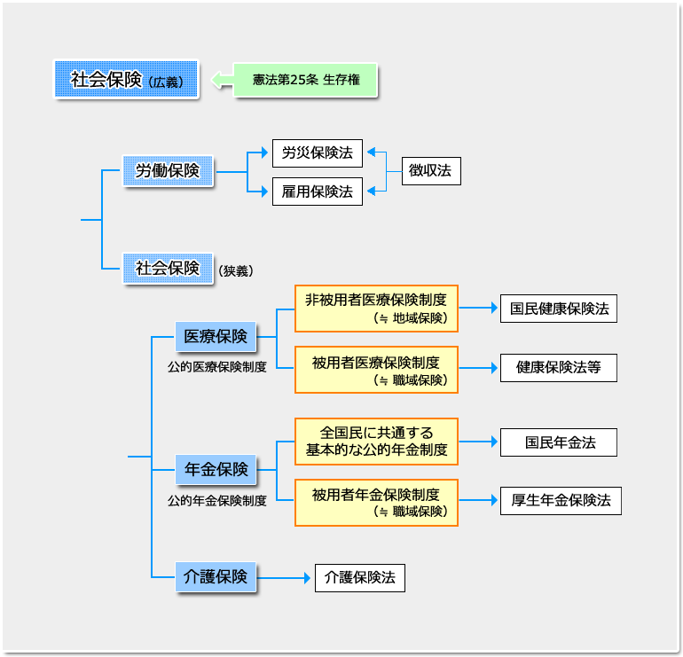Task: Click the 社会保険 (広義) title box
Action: tap(126, 80)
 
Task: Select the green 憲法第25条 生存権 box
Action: tap(306, 80)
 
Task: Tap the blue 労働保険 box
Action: tap(168, 171)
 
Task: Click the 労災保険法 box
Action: tap(317, 153)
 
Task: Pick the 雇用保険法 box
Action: tap(317, 191)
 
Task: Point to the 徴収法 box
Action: tap(430, 171)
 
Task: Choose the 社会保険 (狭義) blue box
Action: tap(168, 268)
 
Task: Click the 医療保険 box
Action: tap(216, 337)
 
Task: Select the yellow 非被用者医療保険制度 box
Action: tap(376, 308)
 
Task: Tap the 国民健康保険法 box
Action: tap(558, 309)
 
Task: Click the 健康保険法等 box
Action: tap(558, 366)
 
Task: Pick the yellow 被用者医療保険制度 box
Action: tap(376, 370)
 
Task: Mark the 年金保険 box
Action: tap(216, 470)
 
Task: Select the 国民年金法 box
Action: tap(558, 442)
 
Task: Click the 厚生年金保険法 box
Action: tap(561, 500)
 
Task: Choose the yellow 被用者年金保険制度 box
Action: tap(376, 502)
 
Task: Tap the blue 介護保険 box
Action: tap(216, 577)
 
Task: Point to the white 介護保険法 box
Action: tap(359, 577)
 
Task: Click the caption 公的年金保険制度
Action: tap(216, 500)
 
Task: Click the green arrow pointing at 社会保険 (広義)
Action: tap(221, 81)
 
